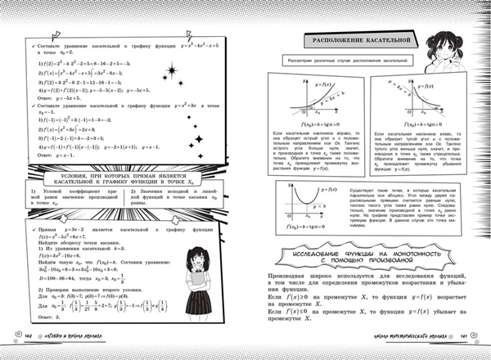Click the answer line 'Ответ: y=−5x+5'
click(50, 95)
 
